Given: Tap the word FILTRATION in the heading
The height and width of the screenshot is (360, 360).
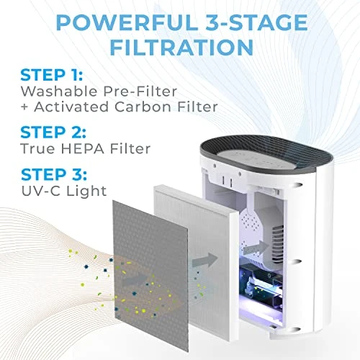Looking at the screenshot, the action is pos(181,47).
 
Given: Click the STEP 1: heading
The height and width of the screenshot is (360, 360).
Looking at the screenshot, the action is pos(52,75).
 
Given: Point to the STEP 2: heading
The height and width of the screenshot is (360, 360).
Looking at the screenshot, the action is pos(53,132).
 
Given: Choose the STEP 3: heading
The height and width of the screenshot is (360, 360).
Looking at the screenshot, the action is pos(54,174).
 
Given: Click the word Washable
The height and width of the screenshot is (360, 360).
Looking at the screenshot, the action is pos(59,91).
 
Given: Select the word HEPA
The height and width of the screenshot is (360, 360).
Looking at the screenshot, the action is pos(83,148).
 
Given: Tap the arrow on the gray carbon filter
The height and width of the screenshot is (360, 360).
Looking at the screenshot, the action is pos(135,280).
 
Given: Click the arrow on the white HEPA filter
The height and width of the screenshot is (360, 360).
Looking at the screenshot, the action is pos(204,260).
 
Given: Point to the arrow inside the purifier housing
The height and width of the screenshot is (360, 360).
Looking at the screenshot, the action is pos(256,248).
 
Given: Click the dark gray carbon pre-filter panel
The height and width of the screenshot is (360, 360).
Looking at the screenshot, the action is pos(150,275).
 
